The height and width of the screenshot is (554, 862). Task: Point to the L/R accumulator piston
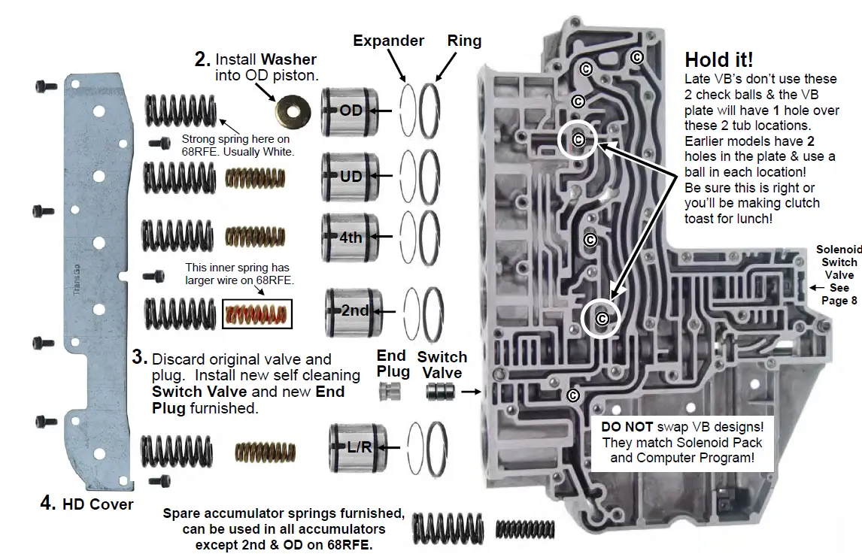[357, 447]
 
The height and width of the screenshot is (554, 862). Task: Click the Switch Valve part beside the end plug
[441, 392]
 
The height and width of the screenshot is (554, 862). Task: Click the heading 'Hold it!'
[718, 59]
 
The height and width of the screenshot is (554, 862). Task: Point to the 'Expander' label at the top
[388, 41]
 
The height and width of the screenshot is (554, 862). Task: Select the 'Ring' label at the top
[464, 41]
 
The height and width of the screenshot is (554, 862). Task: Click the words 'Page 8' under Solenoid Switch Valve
[839, 301]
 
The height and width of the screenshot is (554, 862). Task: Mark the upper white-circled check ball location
[578, 139]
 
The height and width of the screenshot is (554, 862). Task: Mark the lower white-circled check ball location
[601, 319]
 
